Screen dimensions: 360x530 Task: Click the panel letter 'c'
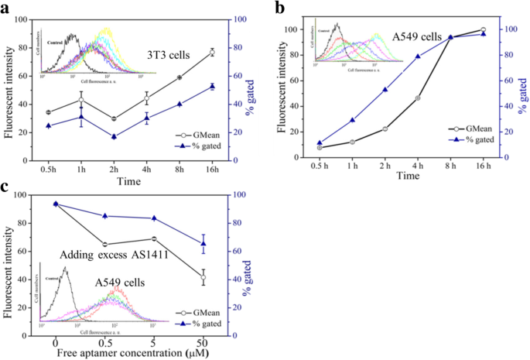pyautogui.click(x=6, y=187)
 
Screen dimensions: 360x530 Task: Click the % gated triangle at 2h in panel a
pyautogui.click(x=114, y=137)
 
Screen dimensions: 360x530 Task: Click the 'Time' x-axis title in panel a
pyautogui.click(x=129, y=182)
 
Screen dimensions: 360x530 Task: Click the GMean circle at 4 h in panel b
pyautogui.click(x=419, y=98)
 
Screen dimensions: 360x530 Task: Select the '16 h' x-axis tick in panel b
pyautogui.click(x=484, y=166)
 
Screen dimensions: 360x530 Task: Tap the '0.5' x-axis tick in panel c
pyautogui.click(x=104, y=342)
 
